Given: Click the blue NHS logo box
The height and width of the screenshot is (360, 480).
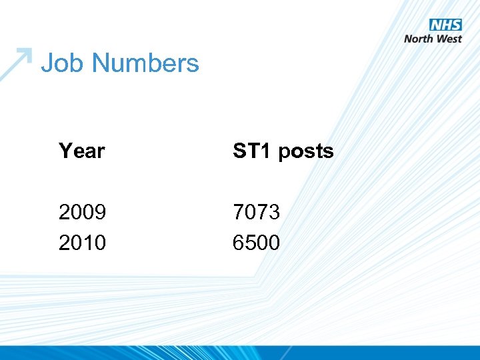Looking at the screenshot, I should [x=445, y=25].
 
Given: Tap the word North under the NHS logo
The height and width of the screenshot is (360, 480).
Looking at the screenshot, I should [x=419, y=39].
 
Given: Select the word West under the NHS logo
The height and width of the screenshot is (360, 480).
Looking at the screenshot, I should [x=449, y=39].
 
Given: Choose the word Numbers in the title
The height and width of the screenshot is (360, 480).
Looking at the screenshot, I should [x=145, y=63].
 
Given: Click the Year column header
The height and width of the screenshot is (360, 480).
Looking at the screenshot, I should [x=81, y=151].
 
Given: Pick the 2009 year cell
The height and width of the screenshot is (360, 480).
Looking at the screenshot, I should [x=82, y=213].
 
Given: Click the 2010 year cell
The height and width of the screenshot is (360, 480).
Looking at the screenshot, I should [x=82, y=243].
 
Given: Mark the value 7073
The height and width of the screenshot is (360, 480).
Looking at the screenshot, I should [x=256, y=213].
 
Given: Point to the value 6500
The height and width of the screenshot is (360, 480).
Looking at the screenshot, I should [x=256, y=243].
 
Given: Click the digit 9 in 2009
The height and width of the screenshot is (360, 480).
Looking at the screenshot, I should [x=100, y=213].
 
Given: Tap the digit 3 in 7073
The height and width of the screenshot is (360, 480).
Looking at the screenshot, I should [x=274, y=213].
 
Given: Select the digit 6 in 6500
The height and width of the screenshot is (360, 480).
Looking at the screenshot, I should [x=239, y=243].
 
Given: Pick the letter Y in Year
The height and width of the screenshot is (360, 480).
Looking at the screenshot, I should [x=65, y=151].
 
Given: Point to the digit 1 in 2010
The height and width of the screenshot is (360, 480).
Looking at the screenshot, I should [x=88, y=243].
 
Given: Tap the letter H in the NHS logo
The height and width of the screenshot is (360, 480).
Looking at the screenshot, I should [x=445, y=25].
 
